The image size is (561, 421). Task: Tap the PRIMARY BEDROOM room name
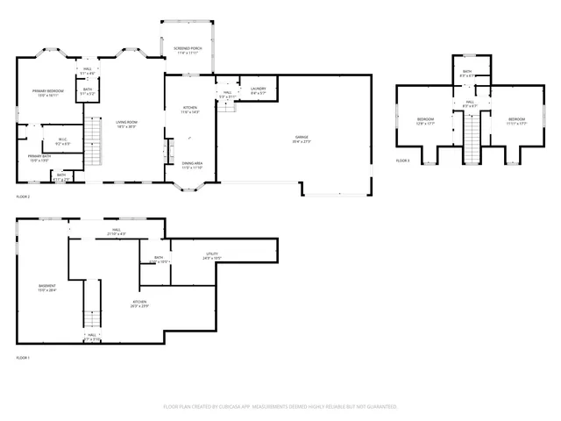[48, 90]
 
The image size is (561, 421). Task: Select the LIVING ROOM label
[126, 122]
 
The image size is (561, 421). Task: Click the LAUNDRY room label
[258, 88]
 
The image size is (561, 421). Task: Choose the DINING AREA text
[192, 163]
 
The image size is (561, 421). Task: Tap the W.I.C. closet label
[63, 139]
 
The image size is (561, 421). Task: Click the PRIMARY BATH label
[39, 157]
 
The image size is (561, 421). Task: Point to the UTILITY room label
[211, 253]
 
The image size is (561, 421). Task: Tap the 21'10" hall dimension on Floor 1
[116, 234]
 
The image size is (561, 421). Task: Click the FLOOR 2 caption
[23, 196]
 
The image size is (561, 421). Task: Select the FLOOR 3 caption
[402, 161]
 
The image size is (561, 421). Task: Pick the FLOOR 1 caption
[23, 358]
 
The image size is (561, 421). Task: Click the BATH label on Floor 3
[467, 71]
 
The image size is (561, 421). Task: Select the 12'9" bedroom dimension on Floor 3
[425, 123]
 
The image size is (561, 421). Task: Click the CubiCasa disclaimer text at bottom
[280, 407]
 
